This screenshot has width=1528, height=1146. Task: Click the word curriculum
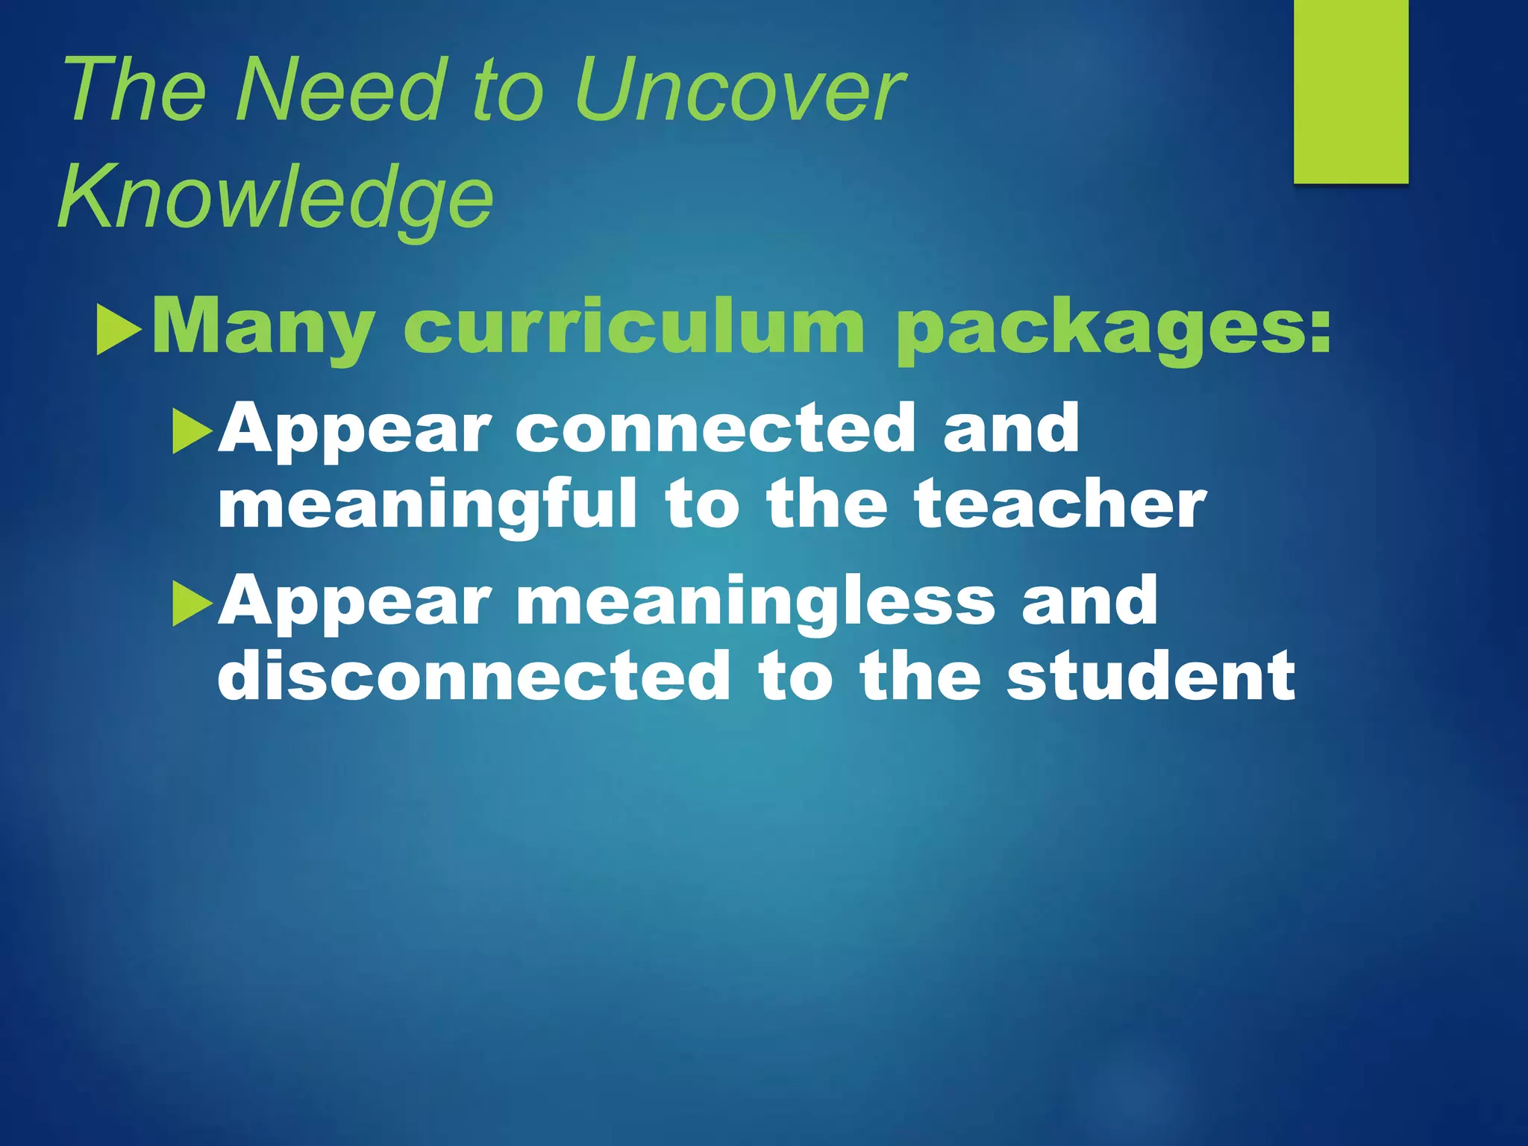click(x=633, y=327)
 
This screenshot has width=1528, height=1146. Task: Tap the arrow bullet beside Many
click(x=119, y=329)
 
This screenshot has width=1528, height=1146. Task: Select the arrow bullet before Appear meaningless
click(x=192, y=604)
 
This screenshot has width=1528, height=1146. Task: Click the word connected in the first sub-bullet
click(x=715, y=428)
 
